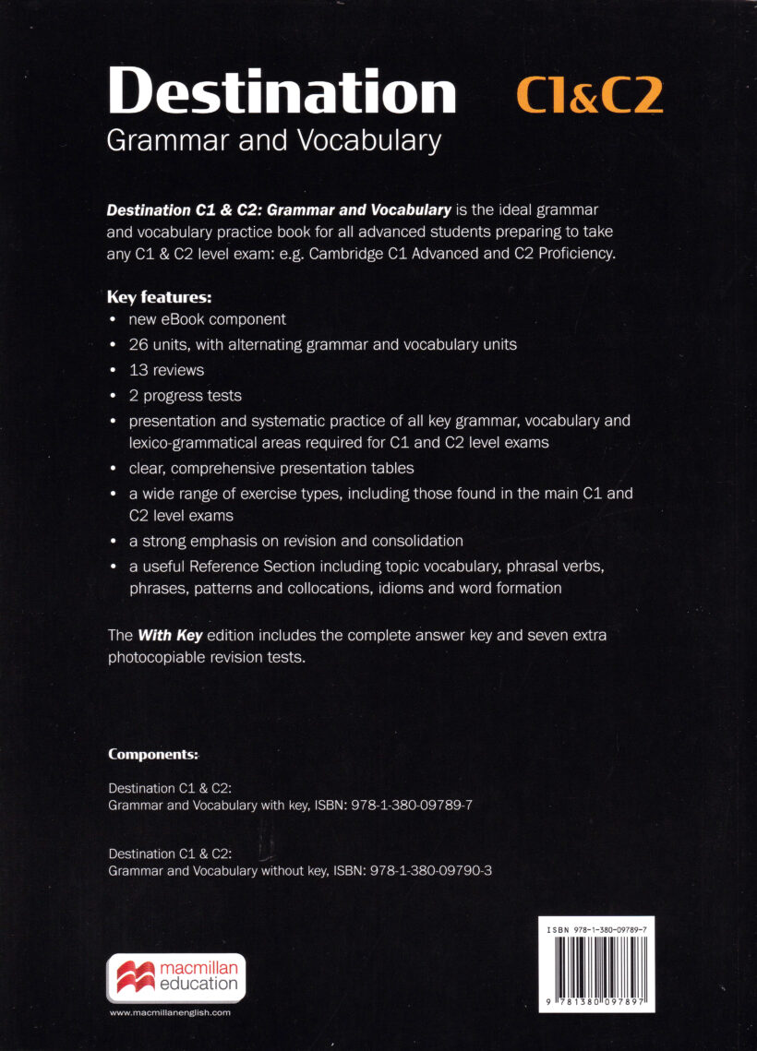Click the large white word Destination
pos(282,93)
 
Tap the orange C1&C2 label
pos(589,96)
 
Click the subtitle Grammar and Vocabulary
pos(274,140)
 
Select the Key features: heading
pos(160,297)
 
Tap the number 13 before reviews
pos(138,370)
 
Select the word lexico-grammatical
pos(180,442)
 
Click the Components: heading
pos(153,754)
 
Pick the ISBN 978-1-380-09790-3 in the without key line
pos(430,870)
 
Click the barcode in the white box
pos(595,970)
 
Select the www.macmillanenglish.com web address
pos(170,1012)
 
